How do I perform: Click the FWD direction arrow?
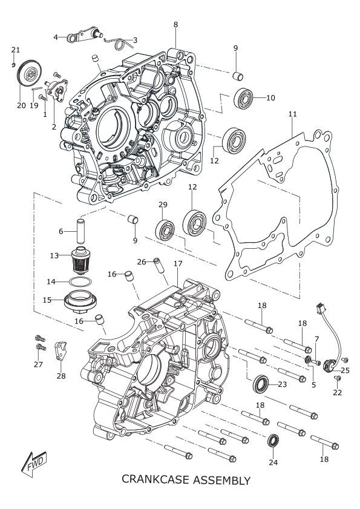pyautogui.click(x=34, y=464)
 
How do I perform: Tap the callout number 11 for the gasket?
pyautogui.click(x=292, y=114)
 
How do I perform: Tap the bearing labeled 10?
pyautogui.click(x=243, y=97)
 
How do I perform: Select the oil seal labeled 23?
pyautogui.click(x=261, y=384)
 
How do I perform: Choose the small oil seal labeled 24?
pyautogui.click(x=273, y=440)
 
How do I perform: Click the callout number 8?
pyautogui.click(x=175, y=24)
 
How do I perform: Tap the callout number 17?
pyautogui.click(x=178, y=264)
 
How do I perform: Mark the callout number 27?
pyautogui.click(x=38, y=364)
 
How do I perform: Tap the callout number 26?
pyautogui.click(x=142, y=261)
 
